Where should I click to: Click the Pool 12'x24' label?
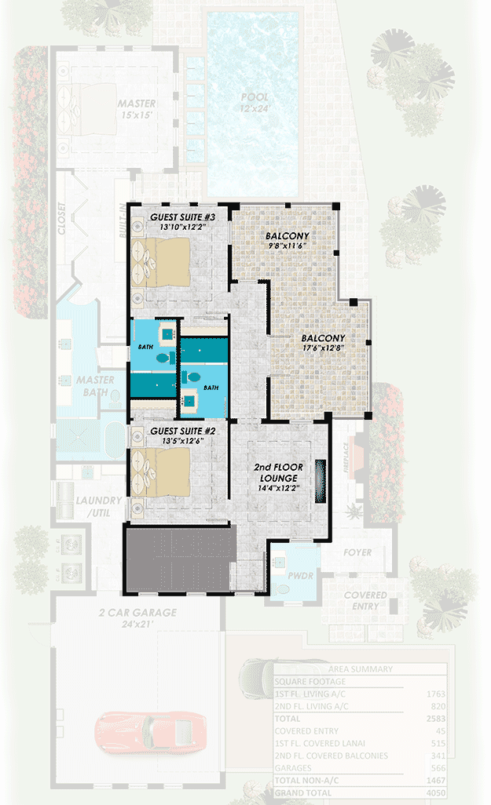[x=254, y=104]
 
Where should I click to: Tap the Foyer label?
[x=357, y=552]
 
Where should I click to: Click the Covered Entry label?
[x=365, y=601]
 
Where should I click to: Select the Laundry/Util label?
[x=99, y=506]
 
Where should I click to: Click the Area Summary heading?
[x=361, y=669]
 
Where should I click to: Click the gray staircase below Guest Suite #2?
[x=179, y=559]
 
